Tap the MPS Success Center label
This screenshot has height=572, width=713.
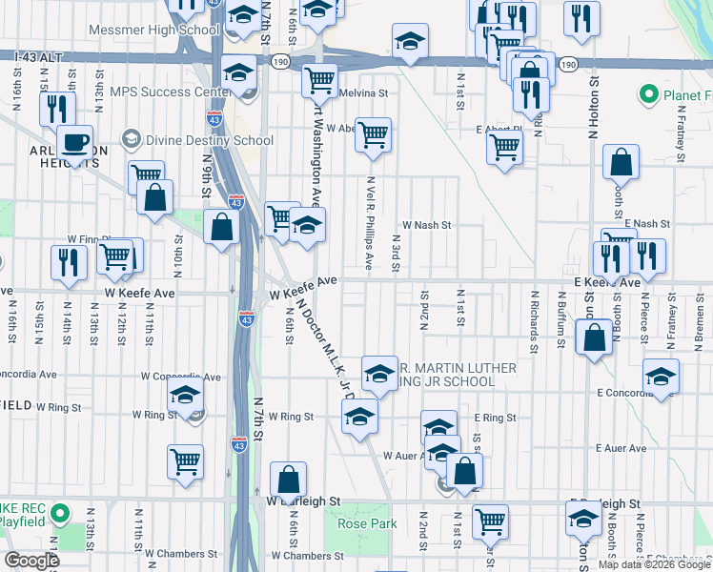point(170,92)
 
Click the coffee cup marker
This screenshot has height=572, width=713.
point(74,143)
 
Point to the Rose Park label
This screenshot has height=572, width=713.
point(367,523)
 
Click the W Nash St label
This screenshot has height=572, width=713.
point(425,225)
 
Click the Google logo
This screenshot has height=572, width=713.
point(32,560)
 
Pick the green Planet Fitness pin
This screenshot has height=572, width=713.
point(649,94)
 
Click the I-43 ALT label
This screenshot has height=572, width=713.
point(39,58)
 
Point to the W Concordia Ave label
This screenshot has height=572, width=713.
point(180,378)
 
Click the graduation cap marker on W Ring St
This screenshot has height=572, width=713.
point(359,417)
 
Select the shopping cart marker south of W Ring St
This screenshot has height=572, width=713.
point(185,462)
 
